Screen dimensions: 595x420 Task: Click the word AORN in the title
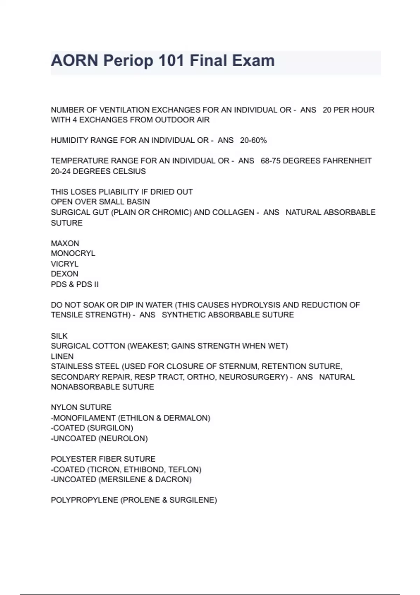click(74, 61)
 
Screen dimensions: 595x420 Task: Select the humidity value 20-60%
click(253, 140)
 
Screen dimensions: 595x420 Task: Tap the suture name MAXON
click(65, 243)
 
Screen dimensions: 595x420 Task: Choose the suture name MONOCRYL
click(73, 253)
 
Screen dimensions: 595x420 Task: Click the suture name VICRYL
click(64, 264)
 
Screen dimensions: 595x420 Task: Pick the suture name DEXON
click(64, 274)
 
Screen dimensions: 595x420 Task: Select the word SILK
click(59, 336)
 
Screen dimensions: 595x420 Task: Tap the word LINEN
click(62, 357)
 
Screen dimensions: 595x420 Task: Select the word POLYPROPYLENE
click(84, 500)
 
